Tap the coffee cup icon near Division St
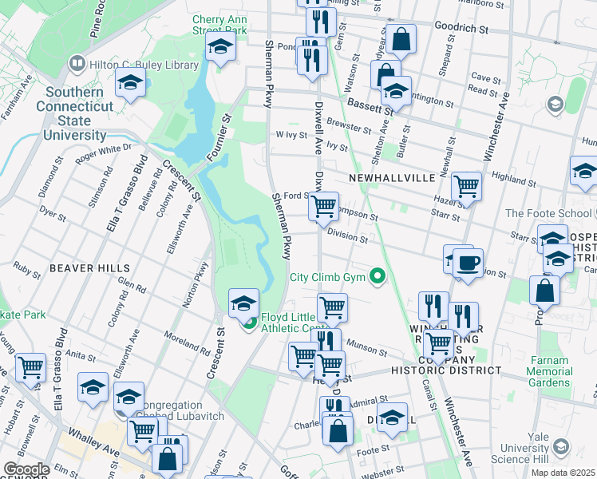pyautogui.click(x=468, y=263)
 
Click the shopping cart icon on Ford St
pyautogui.click(x=324, y=206)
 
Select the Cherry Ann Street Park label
pyautogui.click(x=219, y=24)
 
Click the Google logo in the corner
pyautogui.click(x=26, y=469)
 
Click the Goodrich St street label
pyautogui.click(x=461, y=28)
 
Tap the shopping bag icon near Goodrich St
pyautogui.click(x=403, y=39)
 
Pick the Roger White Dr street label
pyautogui.click(x=103, y=152)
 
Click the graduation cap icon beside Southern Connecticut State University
pyautogui.click(x=130, y=81)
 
